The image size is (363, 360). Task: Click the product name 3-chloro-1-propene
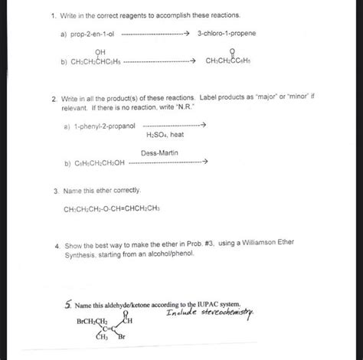[x=226, y=34]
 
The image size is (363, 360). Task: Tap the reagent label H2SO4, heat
[x=164, y=135]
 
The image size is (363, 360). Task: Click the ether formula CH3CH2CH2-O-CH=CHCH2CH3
[x=116, y=207]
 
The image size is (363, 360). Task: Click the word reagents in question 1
[x=117, y=15]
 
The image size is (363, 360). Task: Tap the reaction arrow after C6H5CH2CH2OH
[x=169, y=163]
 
